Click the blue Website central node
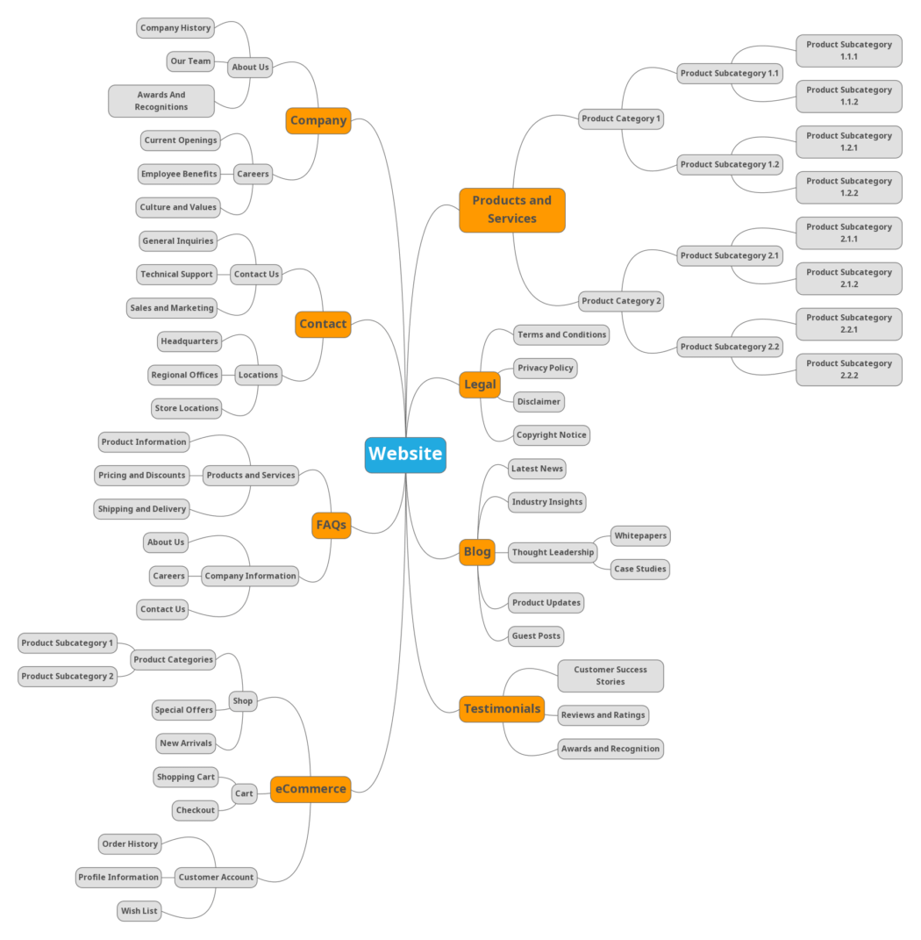pyautogui.click(x=405, y=454)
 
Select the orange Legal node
pyautogui.click(x=480, y=384)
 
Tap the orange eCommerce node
pyautogui.click(x=311, y=789)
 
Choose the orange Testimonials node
pyautogui.click(x=502, y=708)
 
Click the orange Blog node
pyautogui.click(x=477, y=551)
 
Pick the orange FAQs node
pyautogui.click(x=331, y=525)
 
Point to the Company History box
pyautogui.click(x=175, y=28)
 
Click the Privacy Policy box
pyautogui.click(x=545, y=368)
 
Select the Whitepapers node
pyautogui.click(x=640, y=535)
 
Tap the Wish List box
pyautogui.click(x=139, y=911)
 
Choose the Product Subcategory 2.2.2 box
pyautogui.click(x=848, y=370)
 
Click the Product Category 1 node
pyautogui.click(x=621, y=118)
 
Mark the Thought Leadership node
pyautogui.click(x=553, y=552)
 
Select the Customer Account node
pyautogui.click(x=216, y=877)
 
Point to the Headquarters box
pyautogui.click(x=189, y=341)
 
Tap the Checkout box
pyautogui.click(x=196, y=810)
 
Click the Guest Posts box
pyautogui.click(x=536, y=636)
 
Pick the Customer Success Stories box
pyautogui.click(x=610, y=676)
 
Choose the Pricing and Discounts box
pyautogui.click(x=142, y=475)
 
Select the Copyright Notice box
pyautogui.click(x=551, y=435)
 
